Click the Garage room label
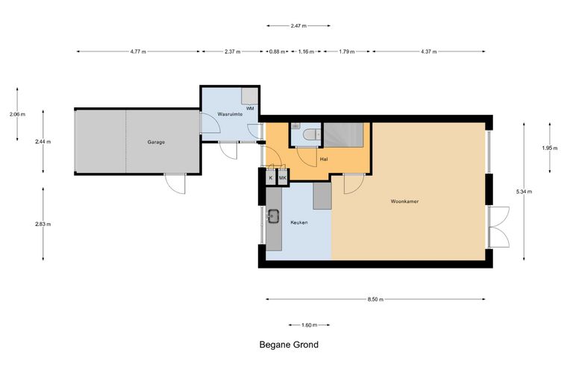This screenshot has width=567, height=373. coord(156,142)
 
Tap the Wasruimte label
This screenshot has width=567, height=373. coord(230,114)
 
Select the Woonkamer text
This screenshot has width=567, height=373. coord(404,201)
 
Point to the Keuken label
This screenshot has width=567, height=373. coord(299,222)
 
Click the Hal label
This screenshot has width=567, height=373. coord(324,159)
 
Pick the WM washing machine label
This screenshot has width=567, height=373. coord(250,108)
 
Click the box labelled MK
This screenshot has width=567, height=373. coord(283,178)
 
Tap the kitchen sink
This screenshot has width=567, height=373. coord(273,216)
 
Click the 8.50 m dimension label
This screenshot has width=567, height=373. coord(375,299)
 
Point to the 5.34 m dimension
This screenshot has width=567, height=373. coord(524,192)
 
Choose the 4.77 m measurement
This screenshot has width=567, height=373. coord(138,51)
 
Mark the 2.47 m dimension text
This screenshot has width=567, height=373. coord(298,25)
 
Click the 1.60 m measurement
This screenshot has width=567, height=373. coord(309,325)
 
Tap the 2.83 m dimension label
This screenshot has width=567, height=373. coord(43,224)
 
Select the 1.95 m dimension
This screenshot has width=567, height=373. coord(550,148)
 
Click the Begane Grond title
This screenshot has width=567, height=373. coord(289,345)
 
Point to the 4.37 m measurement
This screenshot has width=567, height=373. coord(428,51)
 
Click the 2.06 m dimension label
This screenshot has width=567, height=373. coord(17,115)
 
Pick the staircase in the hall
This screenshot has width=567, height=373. coord(343,135)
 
